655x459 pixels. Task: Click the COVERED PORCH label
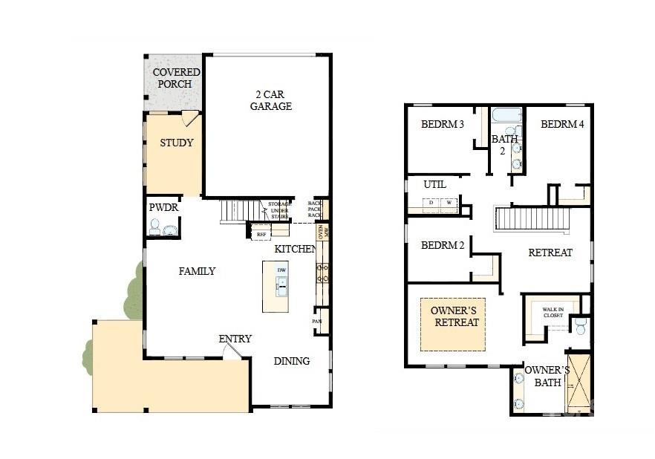(x=176, y=78)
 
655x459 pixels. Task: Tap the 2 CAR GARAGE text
(x=270, y=100)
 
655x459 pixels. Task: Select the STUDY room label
(x=176, y=143)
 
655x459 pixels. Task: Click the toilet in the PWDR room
(x=154, y=228)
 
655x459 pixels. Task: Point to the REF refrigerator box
(x=261, y=234)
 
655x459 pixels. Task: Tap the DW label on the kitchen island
(x=281, y=270)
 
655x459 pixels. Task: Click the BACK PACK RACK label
(x=315, y=209)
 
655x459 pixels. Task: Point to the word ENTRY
(x=235, y=339)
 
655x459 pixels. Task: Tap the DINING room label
(x=291, y=361)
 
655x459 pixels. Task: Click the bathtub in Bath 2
(x=507, y=116)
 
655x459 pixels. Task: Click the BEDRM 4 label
(x=562, y=124)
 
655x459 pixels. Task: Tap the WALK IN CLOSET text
(x=553, y=312)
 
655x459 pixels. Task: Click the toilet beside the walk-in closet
(x=581, y=325)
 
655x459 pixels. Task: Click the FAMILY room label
(x=197, y=271)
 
